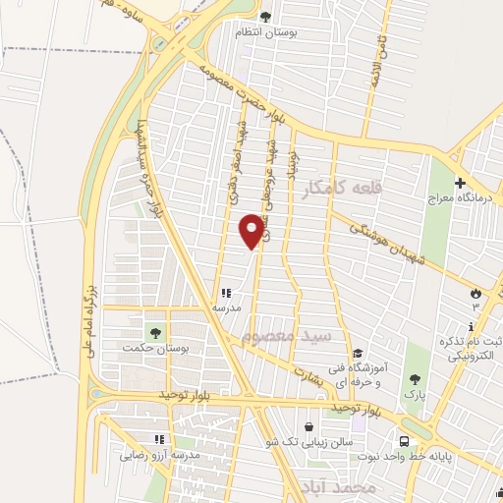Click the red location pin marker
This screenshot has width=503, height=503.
pos(251,231)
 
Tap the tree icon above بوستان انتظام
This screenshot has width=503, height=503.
pos(265,17)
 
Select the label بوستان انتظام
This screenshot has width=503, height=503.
pos(265,32)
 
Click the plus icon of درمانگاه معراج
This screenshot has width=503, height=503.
pos(460,184)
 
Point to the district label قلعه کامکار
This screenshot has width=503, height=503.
pos(342,187)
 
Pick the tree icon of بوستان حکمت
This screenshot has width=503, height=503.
pos(154,330)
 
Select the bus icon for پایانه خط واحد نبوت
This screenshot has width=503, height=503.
pos(404,442)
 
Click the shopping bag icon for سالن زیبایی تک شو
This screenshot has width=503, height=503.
pos(310,427)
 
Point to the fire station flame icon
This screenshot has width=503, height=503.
pos(476,293)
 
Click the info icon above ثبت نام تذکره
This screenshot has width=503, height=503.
pos(472,326)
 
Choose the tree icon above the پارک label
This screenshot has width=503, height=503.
pos(417,380)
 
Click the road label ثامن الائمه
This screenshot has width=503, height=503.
pos(374,58)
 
